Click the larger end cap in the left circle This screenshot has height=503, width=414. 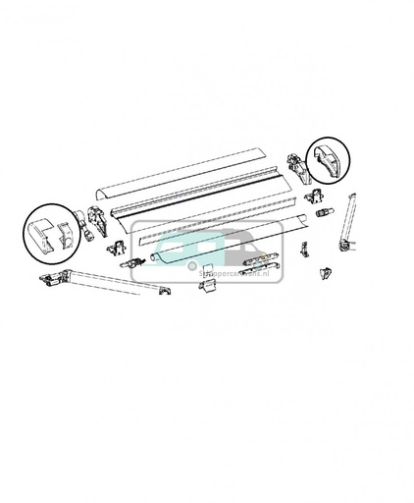pos(42,233)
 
